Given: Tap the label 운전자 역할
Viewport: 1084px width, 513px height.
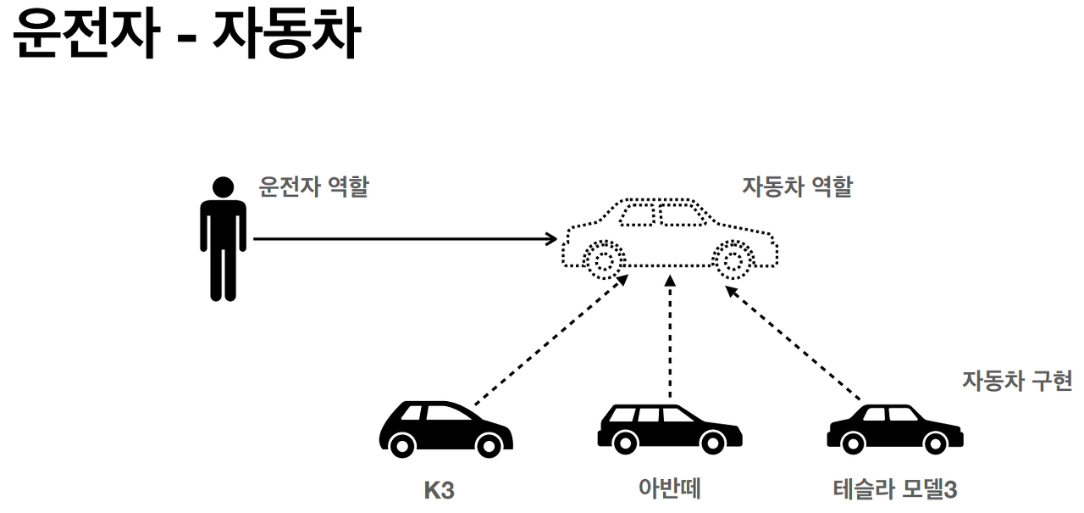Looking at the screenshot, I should (x=313, y=187).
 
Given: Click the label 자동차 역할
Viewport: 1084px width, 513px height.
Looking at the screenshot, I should (x=797, y=187).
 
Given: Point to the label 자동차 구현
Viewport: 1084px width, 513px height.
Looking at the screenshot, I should (x=1016, y=380).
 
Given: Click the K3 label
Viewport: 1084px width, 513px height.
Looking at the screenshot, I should (x=439, y=490).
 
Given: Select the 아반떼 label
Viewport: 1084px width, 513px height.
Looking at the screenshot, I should (x=670, y=489).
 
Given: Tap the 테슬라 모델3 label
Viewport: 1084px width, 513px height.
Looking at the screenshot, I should (x=895, y=489).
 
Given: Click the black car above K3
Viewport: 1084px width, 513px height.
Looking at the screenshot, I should (x=445, y=430).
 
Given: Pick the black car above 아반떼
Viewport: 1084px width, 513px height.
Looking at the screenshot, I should (x=669, y=428).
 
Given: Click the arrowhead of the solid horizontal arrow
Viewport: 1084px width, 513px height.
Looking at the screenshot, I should (x=550, y=239).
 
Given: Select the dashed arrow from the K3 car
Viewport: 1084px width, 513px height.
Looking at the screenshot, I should (x=549, y=339).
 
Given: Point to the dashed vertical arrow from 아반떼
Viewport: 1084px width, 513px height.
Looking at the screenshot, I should (x=670, y=339).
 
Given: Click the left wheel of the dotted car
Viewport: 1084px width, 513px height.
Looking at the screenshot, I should (x=603, y=260).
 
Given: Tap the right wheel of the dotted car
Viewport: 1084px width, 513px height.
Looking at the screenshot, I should (x=733, y=260).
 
